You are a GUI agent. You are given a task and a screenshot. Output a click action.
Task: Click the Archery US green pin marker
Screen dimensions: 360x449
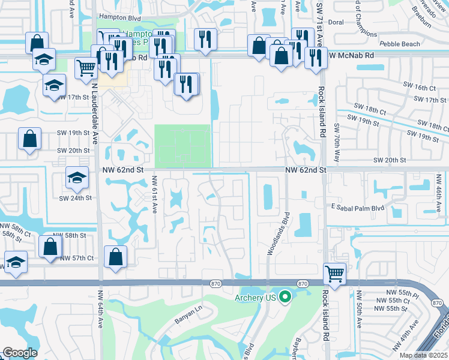pos(286,296)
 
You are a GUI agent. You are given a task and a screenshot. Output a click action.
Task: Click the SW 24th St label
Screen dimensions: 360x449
pos(75,197)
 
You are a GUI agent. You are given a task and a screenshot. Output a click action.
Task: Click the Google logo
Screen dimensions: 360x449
pos(20,353)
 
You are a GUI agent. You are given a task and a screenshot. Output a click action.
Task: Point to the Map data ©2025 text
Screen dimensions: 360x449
pos(423,355)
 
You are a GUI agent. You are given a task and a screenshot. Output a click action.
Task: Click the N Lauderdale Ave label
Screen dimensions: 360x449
pos(94,114)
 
